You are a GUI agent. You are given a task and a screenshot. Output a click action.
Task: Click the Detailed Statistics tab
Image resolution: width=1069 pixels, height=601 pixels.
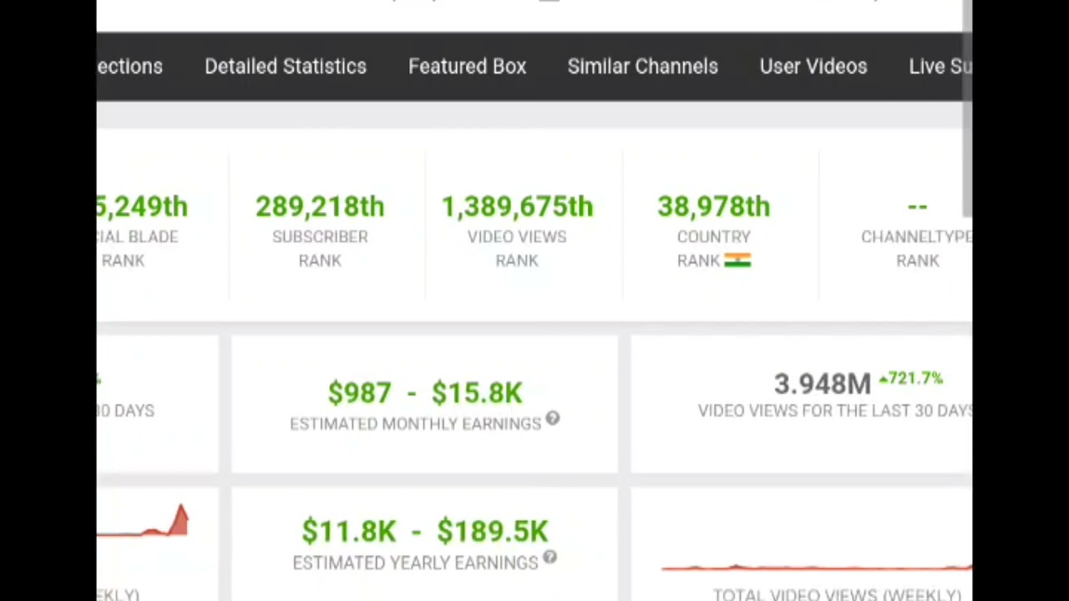[x=286, y=67]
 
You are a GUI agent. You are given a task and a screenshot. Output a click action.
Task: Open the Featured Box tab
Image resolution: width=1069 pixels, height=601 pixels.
[x=467, y=67]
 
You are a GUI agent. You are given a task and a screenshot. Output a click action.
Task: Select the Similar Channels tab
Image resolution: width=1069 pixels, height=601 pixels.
[x=642, y=67]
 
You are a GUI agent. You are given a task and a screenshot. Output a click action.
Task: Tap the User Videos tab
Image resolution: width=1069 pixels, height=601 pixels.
[x=813, y=67]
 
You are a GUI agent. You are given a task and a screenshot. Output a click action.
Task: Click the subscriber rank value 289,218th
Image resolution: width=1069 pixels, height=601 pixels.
[x=320, y=207]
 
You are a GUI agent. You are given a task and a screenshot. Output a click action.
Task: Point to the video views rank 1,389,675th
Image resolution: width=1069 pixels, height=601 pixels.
[x=517, y=207]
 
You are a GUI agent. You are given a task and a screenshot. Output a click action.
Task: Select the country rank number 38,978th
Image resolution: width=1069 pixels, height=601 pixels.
[x=713, y=207]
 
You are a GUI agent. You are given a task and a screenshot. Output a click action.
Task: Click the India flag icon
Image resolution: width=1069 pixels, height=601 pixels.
[x=737, y=260]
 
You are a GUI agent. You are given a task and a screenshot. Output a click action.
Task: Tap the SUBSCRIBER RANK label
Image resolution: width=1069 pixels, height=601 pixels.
[x=320, y=248]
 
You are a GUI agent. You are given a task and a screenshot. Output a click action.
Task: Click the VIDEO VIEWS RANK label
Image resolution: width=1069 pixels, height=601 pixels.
[x=517, y=248]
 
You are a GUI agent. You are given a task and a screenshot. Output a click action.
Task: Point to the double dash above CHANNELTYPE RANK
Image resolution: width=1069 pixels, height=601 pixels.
[x=917, y=206]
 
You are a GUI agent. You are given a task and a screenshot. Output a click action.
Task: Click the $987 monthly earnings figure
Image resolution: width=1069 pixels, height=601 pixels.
[x=359, y=392]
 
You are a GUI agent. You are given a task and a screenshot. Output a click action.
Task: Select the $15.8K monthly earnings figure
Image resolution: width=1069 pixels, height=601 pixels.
[x=477, y=392]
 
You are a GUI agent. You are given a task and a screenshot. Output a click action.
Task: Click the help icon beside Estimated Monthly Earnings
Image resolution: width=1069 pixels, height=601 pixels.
[x=552, y=419]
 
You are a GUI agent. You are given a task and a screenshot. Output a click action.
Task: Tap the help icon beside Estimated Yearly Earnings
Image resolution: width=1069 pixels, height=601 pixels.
[x=550, y=558]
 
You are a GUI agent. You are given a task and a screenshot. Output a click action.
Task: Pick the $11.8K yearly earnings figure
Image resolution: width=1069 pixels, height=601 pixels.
[x=348, y=531]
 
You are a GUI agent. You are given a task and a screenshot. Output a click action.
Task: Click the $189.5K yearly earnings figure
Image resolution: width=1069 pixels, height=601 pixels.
[x=492, y=531]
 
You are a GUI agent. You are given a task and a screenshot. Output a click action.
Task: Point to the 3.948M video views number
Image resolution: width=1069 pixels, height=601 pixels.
[x=822, y=384]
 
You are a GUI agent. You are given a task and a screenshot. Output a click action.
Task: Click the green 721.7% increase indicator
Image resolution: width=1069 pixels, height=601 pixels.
[x=910, y=379]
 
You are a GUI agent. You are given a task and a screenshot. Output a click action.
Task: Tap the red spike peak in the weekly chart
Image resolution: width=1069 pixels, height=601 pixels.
[x=181, y=508]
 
